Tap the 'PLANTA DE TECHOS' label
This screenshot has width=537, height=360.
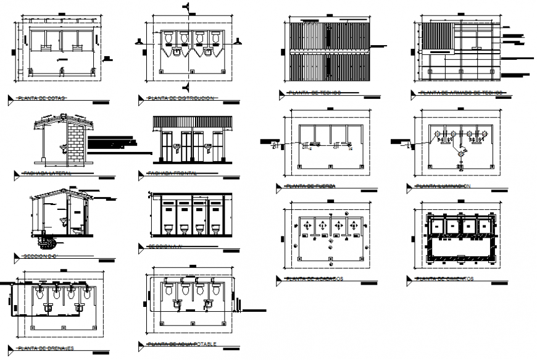click(x=315, y=93)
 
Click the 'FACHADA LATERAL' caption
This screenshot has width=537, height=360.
click(x=46, y=174)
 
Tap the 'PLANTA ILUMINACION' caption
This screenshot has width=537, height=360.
click(x=443, y=186)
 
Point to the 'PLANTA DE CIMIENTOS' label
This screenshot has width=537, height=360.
click(x=444, y=279)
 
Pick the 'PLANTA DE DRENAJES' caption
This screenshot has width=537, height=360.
click(x=46, y=348)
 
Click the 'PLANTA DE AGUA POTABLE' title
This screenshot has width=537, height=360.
click(x=181, y=344)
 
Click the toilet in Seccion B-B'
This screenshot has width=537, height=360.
click(x=77, y=230)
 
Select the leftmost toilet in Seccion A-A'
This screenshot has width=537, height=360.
click(x=168, y=229)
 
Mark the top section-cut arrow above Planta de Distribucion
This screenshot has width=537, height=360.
click(x=186, y=7)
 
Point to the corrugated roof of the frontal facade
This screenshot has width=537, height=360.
click(x=192, y=122)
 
